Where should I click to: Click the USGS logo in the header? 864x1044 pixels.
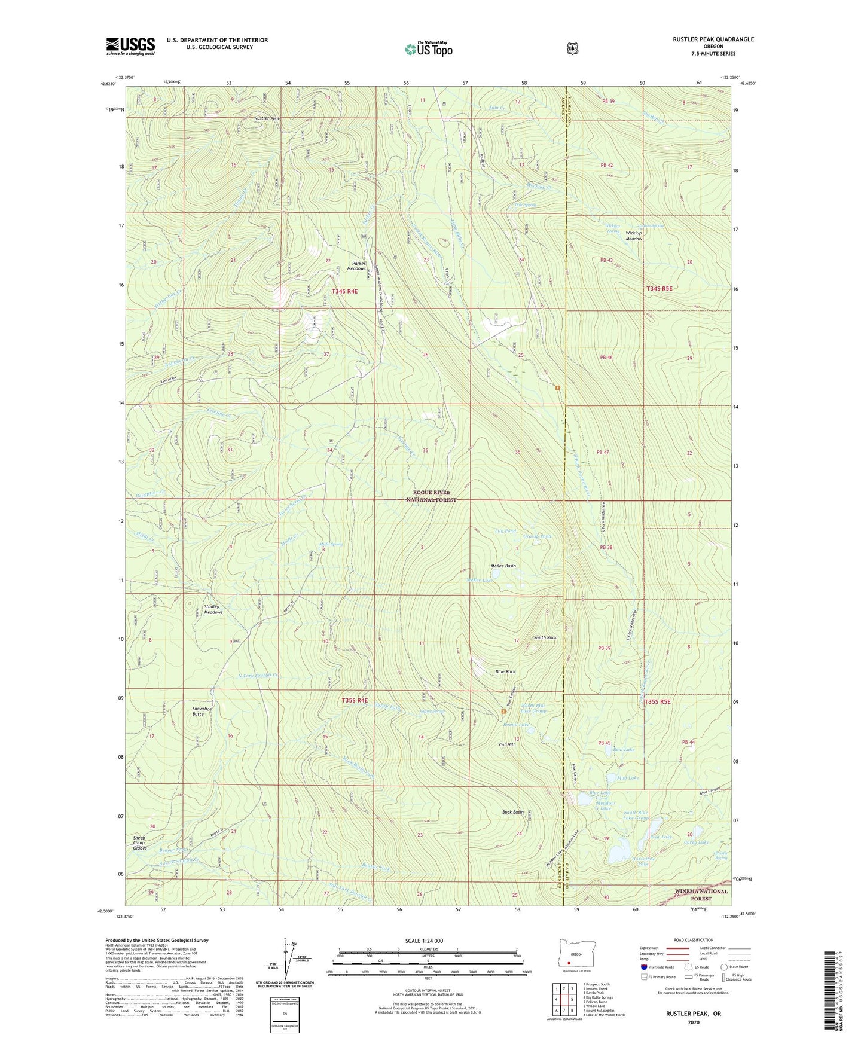point(130,46)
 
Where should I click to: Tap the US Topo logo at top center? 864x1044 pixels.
point(428,49)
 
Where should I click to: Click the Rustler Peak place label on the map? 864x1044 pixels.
point(267,118)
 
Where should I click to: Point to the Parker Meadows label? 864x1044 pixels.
point(356,266)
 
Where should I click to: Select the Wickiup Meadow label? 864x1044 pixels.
point(634,236)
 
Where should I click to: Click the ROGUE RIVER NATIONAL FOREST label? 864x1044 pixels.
point(431,496)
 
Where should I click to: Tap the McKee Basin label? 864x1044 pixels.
point(503,566)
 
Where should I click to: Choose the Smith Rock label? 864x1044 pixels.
point(545,637)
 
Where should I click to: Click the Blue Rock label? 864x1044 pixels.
point(505,671)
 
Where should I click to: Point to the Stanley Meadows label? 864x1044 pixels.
point(213,609)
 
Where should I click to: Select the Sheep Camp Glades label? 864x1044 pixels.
point(139,842)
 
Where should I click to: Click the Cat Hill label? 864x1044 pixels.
point(506,744)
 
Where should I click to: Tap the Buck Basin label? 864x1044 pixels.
point(512,812)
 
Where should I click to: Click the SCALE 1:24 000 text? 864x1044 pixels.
point(424,941)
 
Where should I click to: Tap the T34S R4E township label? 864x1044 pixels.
point(344,291)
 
